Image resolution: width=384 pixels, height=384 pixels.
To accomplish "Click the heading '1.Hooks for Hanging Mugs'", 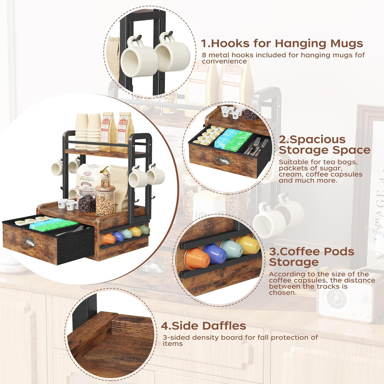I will coord(282,43).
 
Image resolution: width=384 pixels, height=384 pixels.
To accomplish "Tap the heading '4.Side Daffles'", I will coord(203,326).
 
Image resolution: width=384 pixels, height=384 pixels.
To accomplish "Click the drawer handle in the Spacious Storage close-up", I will coord(223,160).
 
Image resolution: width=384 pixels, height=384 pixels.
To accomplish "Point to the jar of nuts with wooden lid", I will coord(105,199).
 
